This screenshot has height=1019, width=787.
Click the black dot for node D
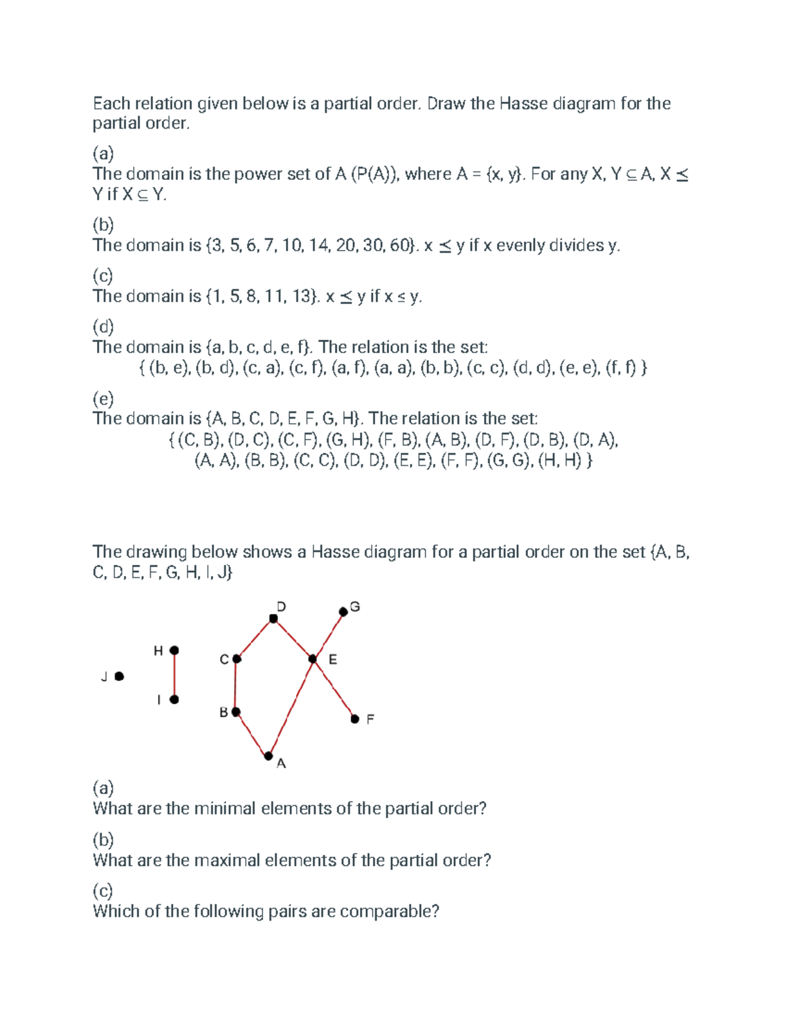[273, 618]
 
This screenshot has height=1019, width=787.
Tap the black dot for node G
[343, 612]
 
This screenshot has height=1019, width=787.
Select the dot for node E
[313, 659]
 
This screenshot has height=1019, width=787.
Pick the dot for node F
[355, 719]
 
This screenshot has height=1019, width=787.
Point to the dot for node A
[268, 756]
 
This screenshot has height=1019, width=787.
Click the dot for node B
[236, 711]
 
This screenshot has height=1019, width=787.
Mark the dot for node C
[237, 659]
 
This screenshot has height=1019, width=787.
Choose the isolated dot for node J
[119, 676]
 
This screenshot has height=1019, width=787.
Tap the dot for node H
[174, 650]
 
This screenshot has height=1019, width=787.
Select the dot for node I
[174, 699]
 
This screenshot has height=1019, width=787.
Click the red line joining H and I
[174, 675]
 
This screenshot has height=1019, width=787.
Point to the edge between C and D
[255, 638]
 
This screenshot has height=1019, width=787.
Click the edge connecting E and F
[334, 689]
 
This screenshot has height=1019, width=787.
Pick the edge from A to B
[252, 734]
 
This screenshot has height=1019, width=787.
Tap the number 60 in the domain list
[401, 245]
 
